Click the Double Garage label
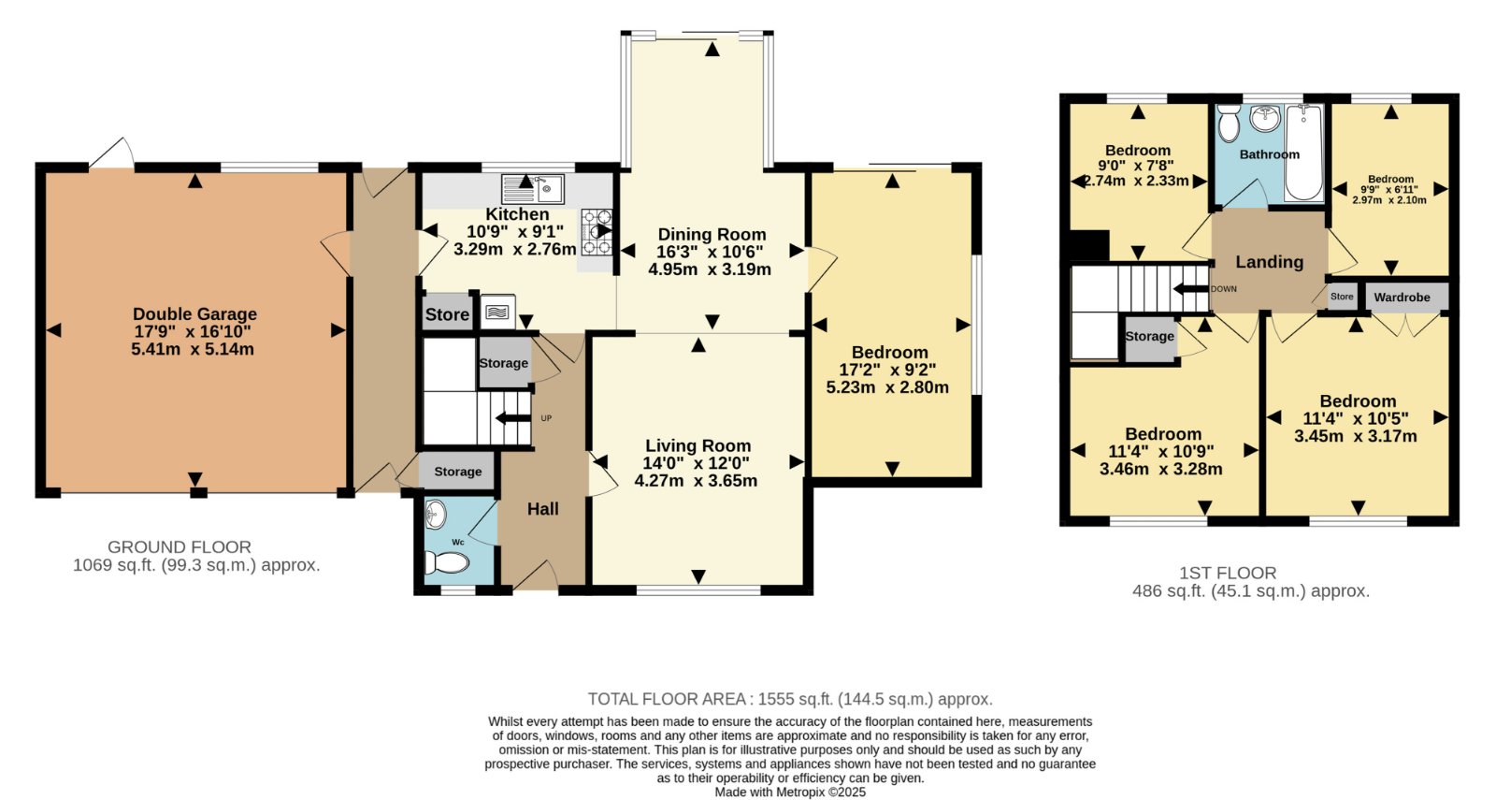tap(194, 313)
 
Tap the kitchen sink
tap(533, 188)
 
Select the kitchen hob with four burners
tap(597, 232)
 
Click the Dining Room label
tap(712, 235)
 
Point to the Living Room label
tap(698, 445)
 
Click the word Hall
tap(543, 509)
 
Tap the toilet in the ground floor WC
tap(447, 562)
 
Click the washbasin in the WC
tap(436, 514)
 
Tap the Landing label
tap(1269, 262)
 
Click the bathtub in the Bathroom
tap(1303, 153)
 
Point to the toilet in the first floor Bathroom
tap(1229, 124)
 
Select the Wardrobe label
tap(1402, 298)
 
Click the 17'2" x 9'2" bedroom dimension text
tap(887, 370)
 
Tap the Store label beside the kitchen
tap(447, 314)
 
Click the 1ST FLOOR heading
tap(1228, 573)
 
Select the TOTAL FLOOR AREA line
tap(790, 699)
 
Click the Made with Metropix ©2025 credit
tap(790, 792)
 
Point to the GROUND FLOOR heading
tap(179, 546)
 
